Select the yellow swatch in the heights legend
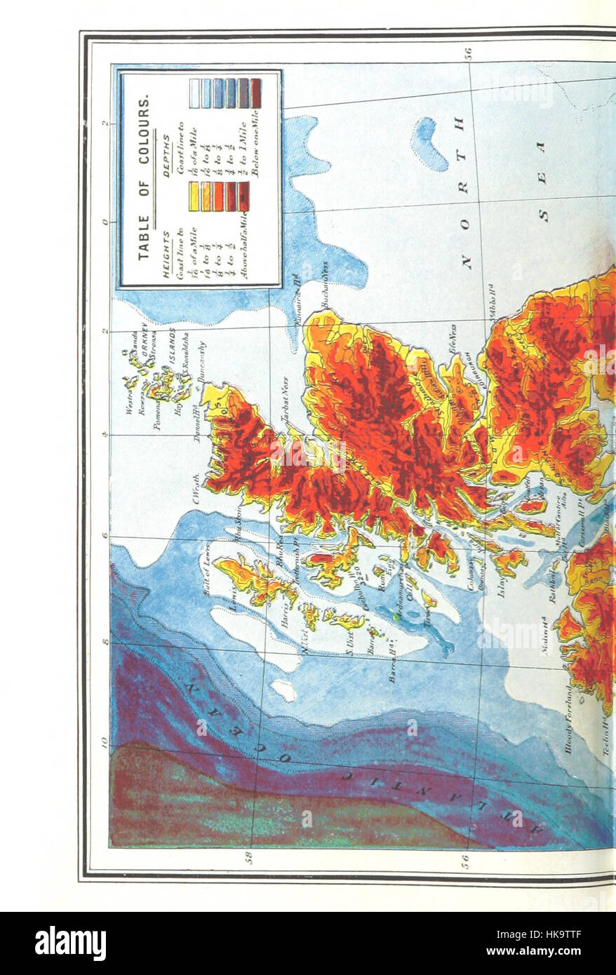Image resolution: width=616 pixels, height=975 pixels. click(194, 196)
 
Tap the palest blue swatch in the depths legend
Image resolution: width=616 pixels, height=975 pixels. click(194, 93)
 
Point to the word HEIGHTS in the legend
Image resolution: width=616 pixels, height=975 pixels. click(167, 254)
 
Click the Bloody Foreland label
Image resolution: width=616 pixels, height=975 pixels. click(568, 719)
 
